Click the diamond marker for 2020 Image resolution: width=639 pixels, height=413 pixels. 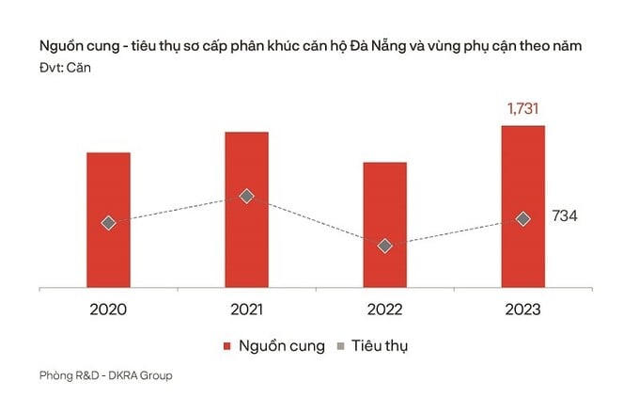[x=108, y=223]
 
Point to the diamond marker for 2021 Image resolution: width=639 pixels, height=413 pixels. [x=246, y=196]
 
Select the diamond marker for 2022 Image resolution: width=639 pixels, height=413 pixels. [x=384, y=246]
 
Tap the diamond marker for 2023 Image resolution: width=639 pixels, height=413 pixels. [x=522, y=219]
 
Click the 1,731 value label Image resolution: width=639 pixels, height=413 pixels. [x=522, y=110]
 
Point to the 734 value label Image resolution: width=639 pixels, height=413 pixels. [x=564, y=216]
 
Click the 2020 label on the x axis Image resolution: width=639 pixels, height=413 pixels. [x=108, y=309]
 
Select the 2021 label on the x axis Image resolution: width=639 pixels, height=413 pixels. [x=246, y=309]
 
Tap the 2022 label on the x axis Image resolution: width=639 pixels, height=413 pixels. [x=384, y=309]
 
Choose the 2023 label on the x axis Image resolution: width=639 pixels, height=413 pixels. [x=522, y=309]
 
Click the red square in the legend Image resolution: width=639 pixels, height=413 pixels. [x=226, y=345]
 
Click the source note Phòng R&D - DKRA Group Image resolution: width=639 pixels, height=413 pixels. [x=105, y=376]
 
